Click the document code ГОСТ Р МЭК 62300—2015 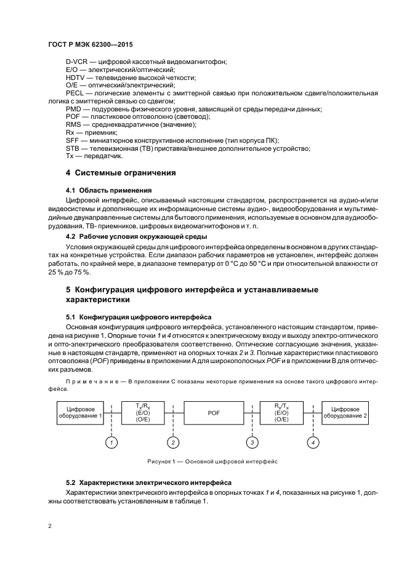coord(91,46)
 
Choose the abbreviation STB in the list coord(73,148)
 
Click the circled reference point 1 coord(111,442)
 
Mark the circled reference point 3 coord(251,442)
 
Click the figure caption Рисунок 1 coord(212,460)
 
